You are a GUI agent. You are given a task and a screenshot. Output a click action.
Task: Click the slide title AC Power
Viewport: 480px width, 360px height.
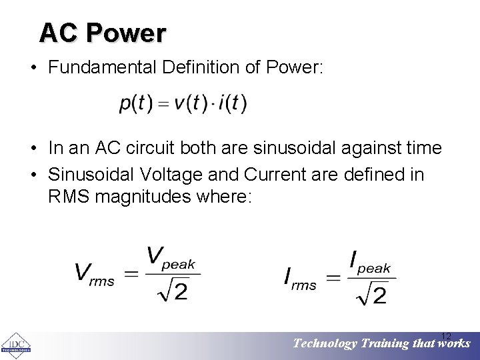pyautogui.click(x=102, y=33)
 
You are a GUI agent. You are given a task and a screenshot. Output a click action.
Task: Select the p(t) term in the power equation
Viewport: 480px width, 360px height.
pyautogui.click(x=136, y=104)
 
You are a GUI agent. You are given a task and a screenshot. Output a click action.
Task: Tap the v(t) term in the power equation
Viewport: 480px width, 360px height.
pyautogui.click(x=188, y=104)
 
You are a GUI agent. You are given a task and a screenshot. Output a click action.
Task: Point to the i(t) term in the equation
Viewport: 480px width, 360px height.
pyautogui.click(x=231, y=104)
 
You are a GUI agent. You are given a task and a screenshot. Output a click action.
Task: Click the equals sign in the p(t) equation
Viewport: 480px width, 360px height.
pyautogui.click(x=161, y=105)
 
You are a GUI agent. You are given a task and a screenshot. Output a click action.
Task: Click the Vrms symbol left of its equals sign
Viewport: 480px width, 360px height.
pyautogui.click(x=94, y=273)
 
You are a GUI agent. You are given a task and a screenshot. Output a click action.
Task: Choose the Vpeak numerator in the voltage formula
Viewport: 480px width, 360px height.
pyautogui.click(x=171, y=258)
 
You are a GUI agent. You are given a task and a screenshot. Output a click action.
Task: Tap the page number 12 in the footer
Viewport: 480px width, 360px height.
pyautogui.click(x=447, y=335)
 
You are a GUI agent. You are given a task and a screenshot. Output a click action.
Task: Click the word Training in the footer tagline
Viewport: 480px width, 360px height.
pyautogui.click(x=384, y=344)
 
